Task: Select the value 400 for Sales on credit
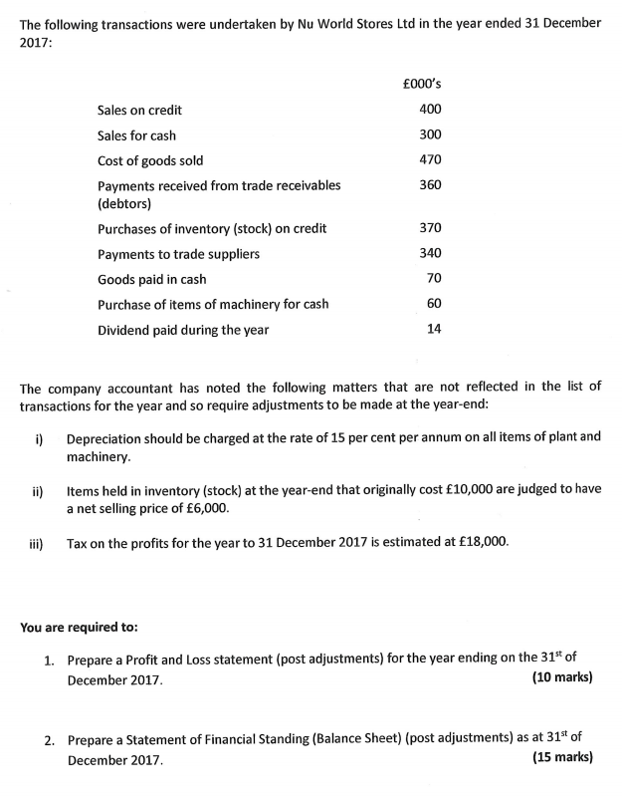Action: (430, 110)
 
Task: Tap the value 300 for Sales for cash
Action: (430, 134)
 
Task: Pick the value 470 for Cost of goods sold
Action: (430, 159)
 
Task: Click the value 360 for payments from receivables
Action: (430, 185)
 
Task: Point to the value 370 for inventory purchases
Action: (430, 228)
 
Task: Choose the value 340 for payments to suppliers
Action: (430, 253)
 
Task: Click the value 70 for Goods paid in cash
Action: (434, 278)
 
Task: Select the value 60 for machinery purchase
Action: (434, 303)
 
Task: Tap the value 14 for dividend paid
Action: (434, 329)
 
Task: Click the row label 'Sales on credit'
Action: (139, 111)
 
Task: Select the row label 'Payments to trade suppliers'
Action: (178, 254)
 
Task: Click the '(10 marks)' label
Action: (562, 677)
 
